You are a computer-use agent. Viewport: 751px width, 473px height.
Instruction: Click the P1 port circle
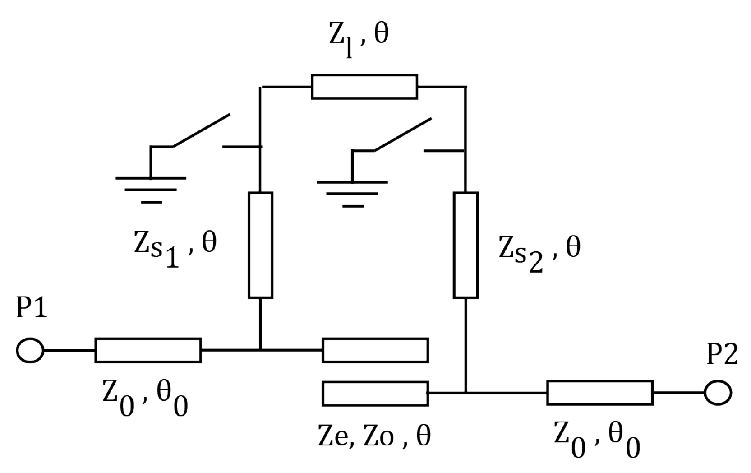tap(30, 350)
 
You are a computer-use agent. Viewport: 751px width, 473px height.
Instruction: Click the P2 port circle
tap(718, 393)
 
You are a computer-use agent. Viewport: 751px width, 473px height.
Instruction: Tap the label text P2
tap(722, 355)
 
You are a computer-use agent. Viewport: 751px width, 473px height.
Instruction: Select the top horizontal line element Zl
tap(364, 87)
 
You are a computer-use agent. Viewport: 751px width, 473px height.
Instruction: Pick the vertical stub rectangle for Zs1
tap(260, 245)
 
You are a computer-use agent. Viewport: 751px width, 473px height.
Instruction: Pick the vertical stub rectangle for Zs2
tap(465, 245)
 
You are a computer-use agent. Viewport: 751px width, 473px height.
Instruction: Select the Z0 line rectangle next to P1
tap(148, 350)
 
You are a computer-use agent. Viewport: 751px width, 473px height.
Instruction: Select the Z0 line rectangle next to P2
tap(599, 393)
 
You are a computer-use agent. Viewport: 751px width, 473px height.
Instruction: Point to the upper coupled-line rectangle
tap(375, 350)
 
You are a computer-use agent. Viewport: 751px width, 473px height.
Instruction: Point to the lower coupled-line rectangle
tap(375, 394)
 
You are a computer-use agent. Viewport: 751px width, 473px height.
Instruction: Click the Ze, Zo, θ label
tap(374, 436)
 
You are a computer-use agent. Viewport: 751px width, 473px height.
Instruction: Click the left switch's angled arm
tap(202, 130)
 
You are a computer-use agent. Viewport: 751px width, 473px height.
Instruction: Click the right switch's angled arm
tap(402, 134)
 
